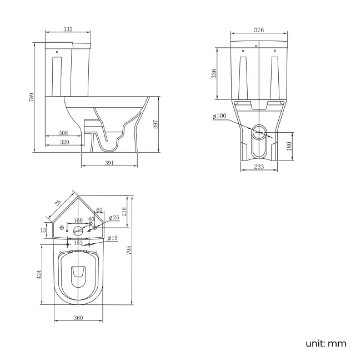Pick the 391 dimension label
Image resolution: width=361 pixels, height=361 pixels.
[109, 163]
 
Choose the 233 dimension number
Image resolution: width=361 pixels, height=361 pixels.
[259, 168]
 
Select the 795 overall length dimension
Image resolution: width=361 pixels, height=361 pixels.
[129, 251]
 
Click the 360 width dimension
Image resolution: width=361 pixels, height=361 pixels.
[78, 318]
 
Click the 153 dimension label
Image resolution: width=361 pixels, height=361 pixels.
[78, 243]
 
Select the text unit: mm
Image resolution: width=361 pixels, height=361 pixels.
[326, 343]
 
